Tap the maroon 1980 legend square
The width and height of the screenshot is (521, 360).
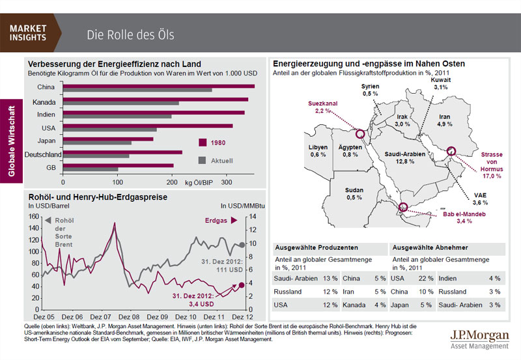pyautogui.click(x=202, y=143)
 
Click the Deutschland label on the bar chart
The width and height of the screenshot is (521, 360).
pyautogui.click(x=43, y=154)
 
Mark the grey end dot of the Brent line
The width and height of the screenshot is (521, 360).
pyautogui.click(x=241, y=245)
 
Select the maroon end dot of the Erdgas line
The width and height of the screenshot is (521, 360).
pyautogui.click(x=241, y=284)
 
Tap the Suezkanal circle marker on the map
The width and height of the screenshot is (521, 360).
pyautogui.click(x=358, y=134)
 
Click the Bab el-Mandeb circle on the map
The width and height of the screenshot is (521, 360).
pyautogui.click(x=403, y=208)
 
